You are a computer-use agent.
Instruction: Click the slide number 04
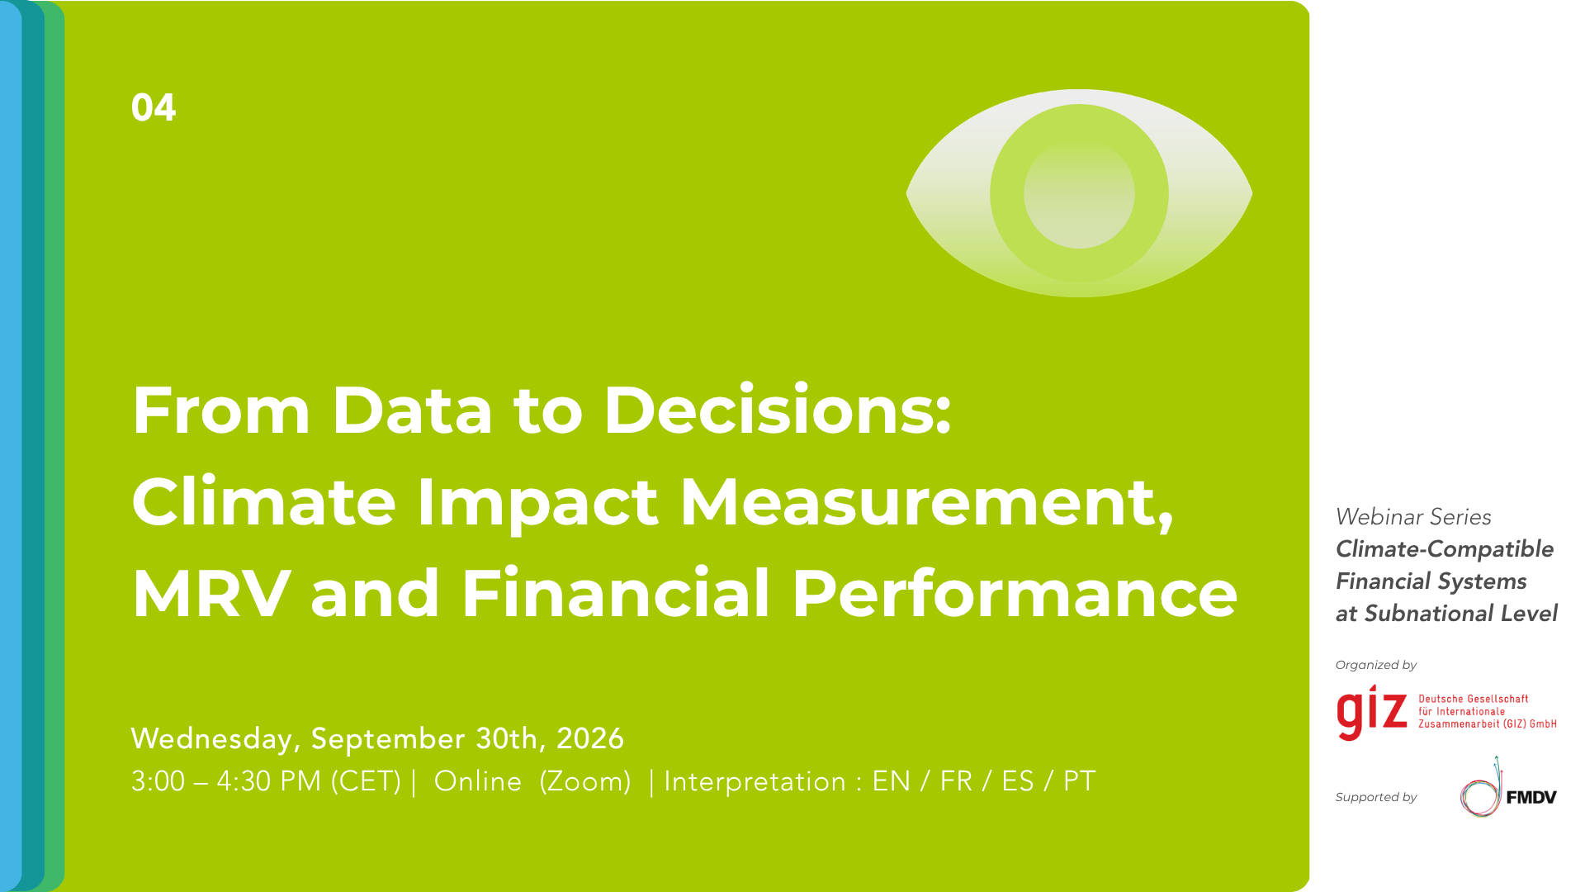point(154,107)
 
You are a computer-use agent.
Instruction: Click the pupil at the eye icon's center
point(1079,193)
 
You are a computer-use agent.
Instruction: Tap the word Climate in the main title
point(264,501)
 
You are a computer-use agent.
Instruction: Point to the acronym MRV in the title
point(211,593)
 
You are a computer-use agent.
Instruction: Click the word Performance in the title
point(1015,593)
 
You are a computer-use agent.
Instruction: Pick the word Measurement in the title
point(916,502)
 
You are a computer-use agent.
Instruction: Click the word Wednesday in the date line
point(212,738)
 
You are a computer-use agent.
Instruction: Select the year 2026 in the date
point(590,738)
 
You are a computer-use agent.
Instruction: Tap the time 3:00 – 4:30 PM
point(226,781)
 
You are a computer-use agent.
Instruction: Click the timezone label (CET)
point(366,781)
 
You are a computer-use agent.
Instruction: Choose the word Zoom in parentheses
point(585,781)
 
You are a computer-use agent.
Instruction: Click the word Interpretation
point(755,781)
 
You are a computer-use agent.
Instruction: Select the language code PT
point(1079,781)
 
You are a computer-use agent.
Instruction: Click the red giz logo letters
point(1372,713)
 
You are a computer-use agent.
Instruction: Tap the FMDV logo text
point(1531,797)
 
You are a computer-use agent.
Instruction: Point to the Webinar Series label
point(1413,517)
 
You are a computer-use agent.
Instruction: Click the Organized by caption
point(1376,665)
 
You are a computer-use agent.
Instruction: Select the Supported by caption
point(1376,797)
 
